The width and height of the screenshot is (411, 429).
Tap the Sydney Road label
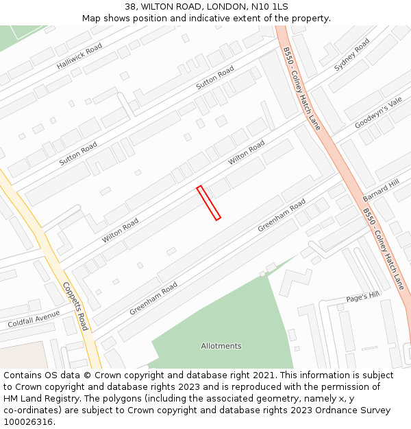pyautogui.click(x=351, y=55)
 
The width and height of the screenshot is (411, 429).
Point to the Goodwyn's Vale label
pyautogui.click(x=378, y=113)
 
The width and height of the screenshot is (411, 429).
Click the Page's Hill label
pyautogui.click(x=362, y=297)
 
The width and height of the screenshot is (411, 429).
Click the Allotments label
pyautogui.click(x=221, y=346)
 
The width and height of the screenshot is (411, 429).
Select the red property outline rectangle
pyautogui.click(x=208, y=203)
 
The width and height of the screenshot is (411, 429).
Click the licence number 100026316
pyautogui.click(x=29, y=422)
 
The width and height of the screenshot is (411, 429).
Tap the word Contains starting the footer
pyautogui.click(x=24, y=375)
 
